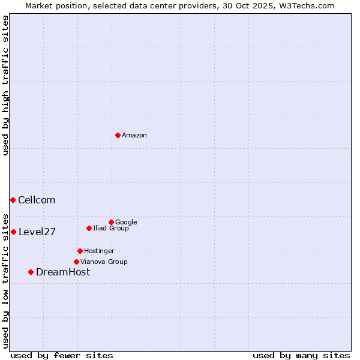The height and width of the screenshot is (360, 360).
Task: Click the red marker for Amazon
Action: click(x=118, y=135)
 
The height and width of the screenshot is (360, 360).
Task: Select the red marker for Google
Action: click(x=111, y=222)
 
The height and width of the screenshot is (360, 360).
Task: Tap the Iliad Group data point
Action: click(x=89, y=228)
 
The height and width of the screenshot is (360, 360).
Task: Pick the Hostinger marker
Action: click(x=80, y=251)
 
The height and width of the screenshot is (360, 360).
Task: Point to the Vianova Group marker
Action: click(x=76, y=262)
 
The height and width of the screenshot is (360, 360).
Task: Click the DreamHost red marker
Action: click(x=31, y=272)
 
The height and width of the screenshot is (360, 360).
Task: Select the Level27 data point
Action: click(x=13, y=232)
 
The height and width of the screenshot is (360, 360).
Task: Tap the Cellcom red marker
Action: click(x=13, y=200)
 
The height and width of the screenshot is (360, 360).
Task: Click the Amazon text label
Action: click(x=134, y=136)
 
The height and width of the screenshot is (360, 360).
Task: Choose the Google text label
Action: click(x=126, y=222)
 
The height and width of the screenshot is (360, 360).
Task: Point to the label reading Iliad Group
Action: click(x=111, y=229)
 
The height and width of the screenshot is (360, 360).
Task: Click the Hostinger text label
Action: click(x=99, y=251)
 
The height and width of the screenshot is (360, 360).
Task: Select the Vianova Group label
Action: click(x=104, y=262)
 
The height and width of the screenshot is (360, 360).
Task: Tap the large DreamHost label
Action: click(x=63, y=272)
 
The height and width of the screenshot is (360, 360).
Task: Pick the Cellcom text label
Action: click(x=37, y=200)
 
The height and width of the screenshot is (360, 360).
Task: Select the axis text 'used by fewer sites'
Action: click(x=62, y=355)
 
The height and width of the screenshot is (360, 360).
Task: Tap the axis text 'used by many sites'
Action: click(x=301, y=355)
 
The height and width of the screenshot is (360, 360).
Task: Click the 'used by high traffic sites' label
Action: click(x=5, y=85)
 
